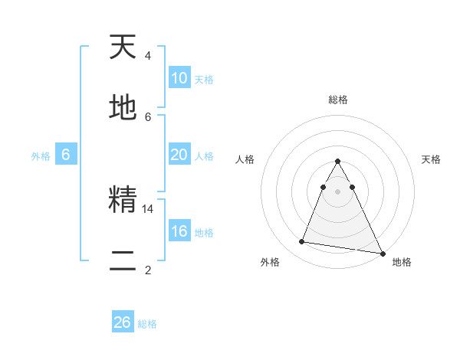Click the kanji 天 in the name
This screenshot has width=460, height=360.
pos(123,47)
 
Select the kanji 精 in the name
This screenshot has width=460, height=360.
pos(123,201)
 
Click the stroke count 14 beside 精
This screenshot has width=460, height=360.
pos(148,208)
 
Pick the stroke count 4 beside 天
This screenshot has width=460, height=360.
pos(147,56)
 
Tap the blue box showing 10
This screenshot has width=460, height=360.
pos(179,78)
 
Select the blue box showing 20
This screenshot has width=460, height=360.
pos(179,155)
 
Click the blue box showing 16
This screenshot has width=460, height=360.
pos(179,231)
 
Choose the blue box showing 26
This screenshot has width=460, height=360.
pos(123,322)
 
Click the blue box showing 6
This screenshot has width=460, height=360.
pos(66,155)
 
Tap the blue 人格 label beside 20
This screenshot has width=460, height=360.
pos(204,156)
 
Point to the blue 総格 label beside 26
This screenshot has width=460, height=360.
pos(147,324)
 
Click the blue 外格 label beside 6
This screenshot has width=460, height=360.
pos(41,156)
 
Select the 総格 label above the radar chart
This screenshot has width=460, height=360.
pos(338,100)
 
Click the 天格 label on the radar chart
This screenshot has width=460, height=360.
pos(432,159)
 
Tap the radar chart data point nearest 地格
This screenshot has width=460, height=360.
pos(381,252)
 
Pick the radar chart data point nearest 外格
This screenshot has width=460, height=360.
pos(302,242)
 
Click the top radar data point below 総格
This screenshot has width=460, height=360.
pos(337,162)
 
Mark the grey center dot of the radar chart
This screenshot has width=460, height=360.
pos(337,191)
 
